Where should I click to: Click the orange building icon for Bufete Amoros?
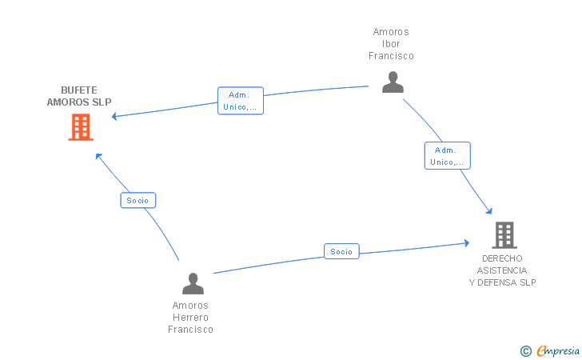click(81, 127)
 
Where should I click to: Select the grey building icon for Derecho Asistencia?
click(504, 235)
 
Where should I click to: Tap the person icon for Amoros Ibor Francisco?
click(393, 82)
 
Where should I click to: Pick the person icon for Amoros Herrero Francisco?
click(193, 283)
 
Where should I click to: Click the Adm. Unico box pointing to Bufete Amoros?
click(241, 101)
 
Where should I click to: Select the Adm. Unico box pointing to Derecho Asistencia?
click(447, 156)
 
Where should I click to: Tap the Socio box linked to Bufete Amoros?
click(138, 200)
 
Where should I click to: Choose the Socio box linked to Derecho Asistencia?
click(341, 251)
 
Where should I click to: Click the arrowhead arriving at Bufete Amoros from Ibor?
click(114, 116)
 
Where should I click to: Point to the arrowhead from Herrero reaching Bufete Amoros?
click(98, 156)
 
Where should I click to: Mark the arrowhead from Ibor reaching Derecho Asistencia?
click(489, 211)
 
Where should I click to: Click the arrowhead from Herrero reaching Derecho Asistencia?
click(467, 243)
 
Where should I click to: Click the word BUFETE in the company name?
click(79, 90)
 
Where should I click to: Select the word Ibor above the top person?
click(391, 44)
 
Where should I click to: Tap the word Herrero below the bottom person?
click(190, 318)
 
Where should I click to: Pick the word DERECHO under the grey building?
click(502, 258)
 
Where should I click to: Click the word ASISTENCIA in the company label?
click(502, 270)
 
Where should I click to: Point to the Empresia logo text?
click(558, 350)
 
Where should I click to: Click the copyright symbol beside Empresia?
click(526, 351)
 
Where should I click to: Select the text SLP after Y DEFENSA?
click(528, 282)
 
